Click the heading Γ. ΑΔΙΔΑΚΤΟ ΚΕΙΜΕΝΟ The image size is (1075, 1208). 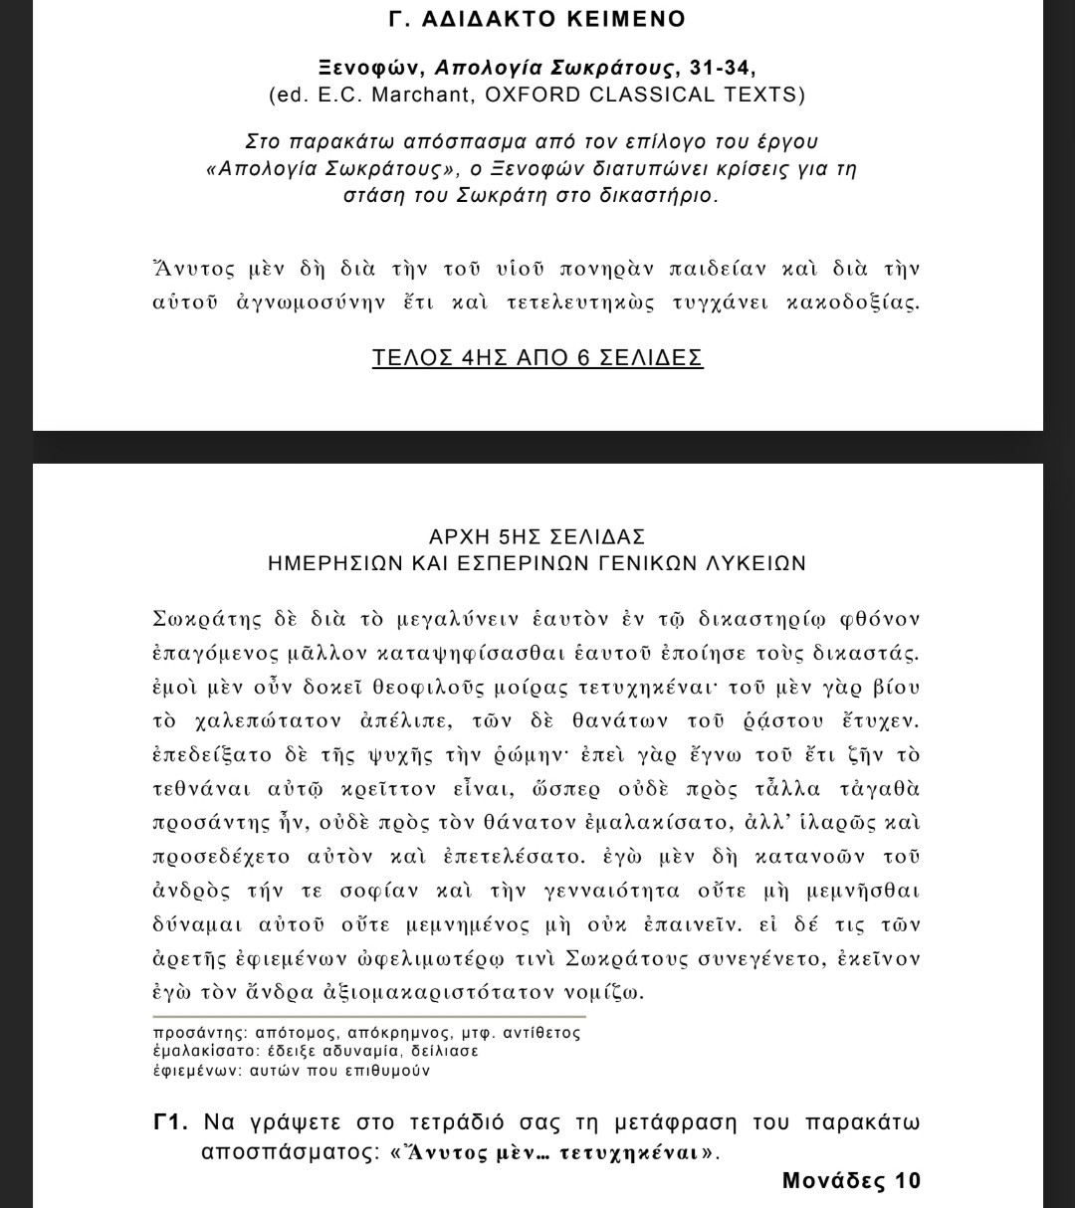pos(537,20)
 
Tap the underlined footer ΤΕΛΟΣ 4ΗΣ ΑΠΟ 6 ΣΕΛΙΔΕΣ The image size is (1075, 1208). pos(537,358)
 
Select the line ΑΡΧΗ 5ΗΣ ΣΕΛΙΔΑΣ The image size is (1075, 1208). pos(537,537)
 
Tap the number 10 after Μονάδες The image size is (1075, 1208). pos(906,1181)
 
